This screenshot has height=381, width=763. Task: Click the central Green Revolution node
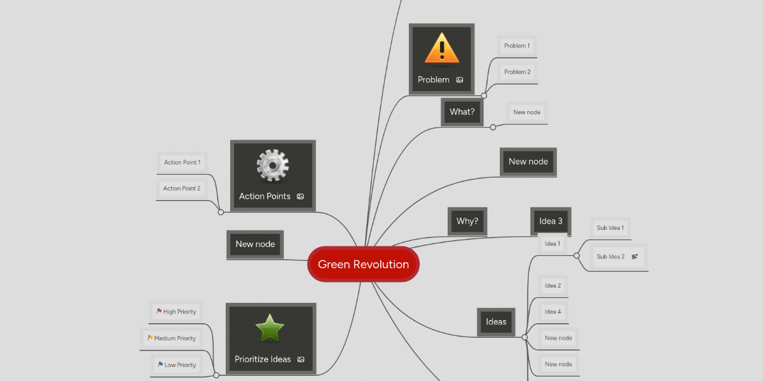click(363, 264)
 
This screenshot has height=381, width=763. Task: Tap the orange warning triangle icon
click(441, 50)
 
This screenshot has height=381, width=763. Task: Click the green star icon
click(270, 328)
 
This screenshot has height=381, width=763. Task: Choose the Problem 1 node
click(516, 46)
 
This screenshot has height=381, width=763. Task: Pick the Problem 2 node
click(517, 72)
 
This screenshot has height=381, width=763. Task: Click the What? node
click(462, 112)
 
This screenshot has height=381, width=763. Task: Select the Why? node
click(467, 221)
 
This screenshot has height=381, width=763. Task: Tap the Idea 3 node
click(551, 221)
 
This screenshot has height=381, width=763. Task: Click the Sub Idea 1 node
click(610, 227)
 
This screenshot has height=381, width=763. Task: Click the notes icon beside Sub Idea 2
click(635, 257)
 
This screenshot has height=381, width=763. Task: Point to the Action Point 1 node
click(182, 162)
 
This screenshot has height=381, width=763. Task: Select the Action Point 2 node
click(181, 188)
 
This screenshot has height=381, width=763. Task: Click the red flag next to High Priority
click(159, 311)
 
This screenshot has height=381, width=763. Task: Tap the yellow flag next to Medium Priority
click(150, 338)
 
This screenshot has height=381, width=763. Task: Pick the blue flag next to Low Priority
click(160, 364)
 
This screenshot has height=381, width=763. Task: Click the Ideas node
click(496, 322)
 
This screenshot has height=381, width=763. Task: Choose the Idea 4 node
click(553, 312)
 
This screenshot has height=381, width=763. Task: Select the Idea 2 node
click(553, 286)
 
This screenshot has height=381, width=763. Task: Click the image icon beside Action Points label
click(301, 197)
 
